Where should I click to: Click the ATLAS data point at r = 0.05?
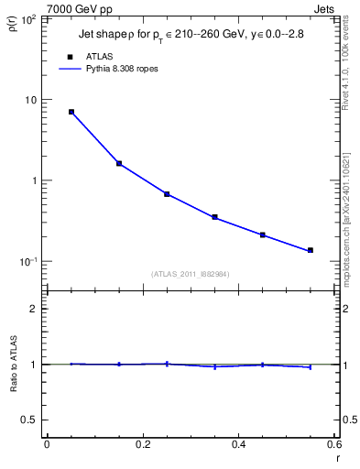click(71, 112)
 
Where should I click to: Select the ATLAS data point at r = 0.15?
click(119, 163)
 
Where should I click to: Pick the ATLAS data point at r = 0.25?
click(167, 194)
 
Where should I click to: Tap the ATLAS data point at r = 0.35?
click(214, 217)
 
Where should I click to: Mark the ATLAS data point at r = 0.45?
click(262, 235)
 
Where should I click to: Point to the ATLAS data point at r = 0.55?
click(310, 250)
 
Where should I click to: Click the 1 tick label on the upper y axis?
click(34, 180)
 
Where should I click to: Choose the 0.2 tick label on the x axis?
click(142, 445)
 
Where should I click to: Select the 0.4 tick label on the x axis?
click(238, 445)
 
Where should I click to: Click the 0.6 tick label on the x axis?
click(333, 445)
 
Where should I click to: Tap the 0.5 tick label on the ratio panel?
click(29, 420)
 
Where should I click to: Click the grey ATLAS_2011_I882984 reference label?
click(190, 274)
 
